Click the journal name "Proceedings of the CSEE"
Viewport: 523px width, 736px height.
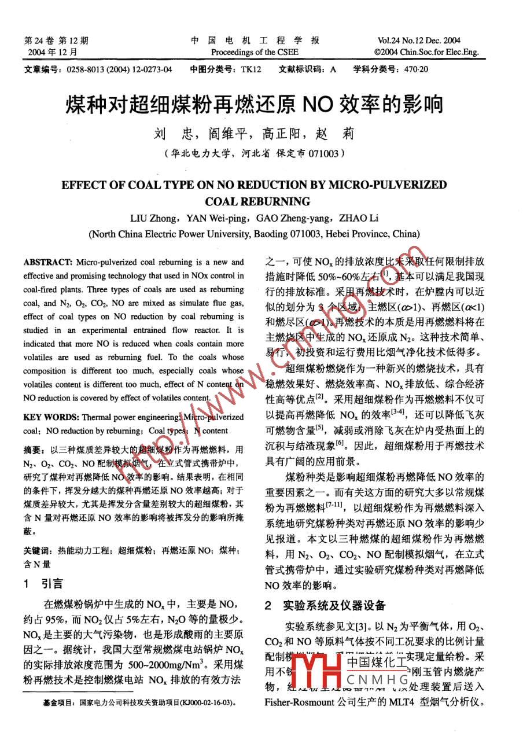click(255, 52)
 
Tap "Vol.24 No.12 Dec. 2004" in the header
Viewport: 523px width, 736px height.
click(419, 41)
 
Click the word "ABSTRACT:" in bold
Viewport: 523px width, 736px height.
click(48, 262)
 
